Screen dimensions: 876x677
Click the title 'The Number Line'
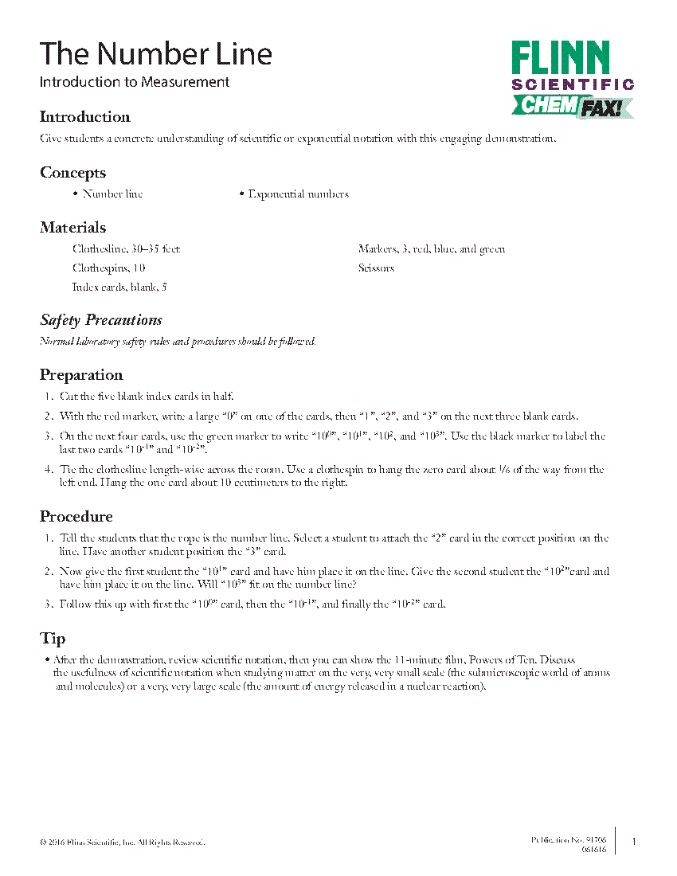point(156,54)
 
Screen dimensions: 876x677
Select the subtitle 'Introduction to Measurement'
point(135,82)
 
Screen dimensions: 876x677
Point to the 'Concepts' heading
point(72,173)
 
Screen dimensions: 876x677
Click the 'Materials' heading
point(72,228)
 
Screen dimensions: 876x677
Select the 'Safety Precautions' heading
point(101,320)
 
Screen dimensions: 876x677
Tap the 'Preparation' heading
point(81,375)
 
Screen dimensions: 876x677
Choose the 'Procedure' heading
point(76,517)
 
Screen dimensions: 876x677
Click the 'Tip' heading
point(53,639)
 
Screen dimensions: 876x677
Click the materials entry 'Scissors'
point(376,268)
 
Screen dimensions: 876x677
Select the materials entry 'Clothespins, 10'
point(108,268)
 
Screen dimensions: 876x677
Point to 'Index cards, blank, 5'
point(119,287)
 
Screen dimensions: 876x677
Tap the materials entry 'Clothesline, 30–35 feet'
point(126,249)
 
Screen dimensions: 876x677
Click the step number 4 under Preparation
point(48,470)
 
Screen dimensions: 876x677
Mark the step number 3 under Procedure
point(48,604)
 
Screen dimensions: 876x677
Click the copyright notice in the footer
point(122,843)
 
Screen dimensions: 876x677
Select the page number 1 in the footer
point(634,843)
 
